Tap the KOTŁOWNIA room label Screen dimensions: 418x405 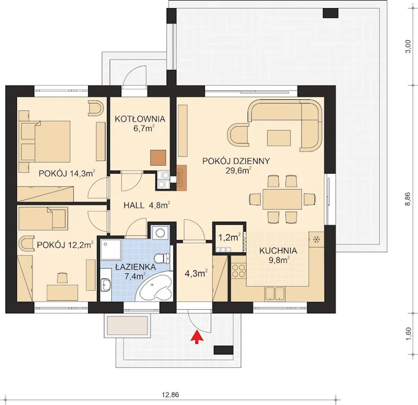(x=140, y=119)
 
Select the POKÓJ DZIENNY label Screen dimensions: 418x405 (x=236, y=161)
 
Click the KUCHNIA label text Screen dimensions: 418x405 (x=278, y=251)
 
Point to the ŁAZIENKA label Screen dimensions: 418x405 (x=136, y=267)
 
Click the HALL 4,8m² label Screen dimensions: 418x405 (x=147, y=205)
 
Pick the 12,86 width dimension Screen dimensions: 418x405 (x=170, y=395)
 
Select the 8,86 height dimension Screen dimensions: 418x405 (x=408, y=199)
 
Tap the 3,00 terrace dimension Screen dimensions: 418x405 (x=408, y=46)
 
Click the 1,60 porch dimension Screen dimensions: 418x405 (x=408, y=334)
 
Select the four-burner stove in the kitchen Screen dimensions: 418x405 (x=239, y=271)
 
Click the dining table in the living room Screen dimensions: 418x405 (x=282, y=199)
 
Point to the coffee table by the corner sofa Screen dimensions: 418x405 (x=279, y=138)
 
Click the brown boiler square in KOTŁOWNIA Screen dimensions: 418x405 (x=158, y=158)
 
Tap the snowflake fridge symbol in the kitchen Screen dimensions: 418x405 (x=316, y=239)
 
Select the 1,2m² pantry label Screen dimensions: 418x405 (x=229, y=238)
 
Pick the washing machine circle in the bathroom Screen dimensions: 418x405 (x=160, y=233)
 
